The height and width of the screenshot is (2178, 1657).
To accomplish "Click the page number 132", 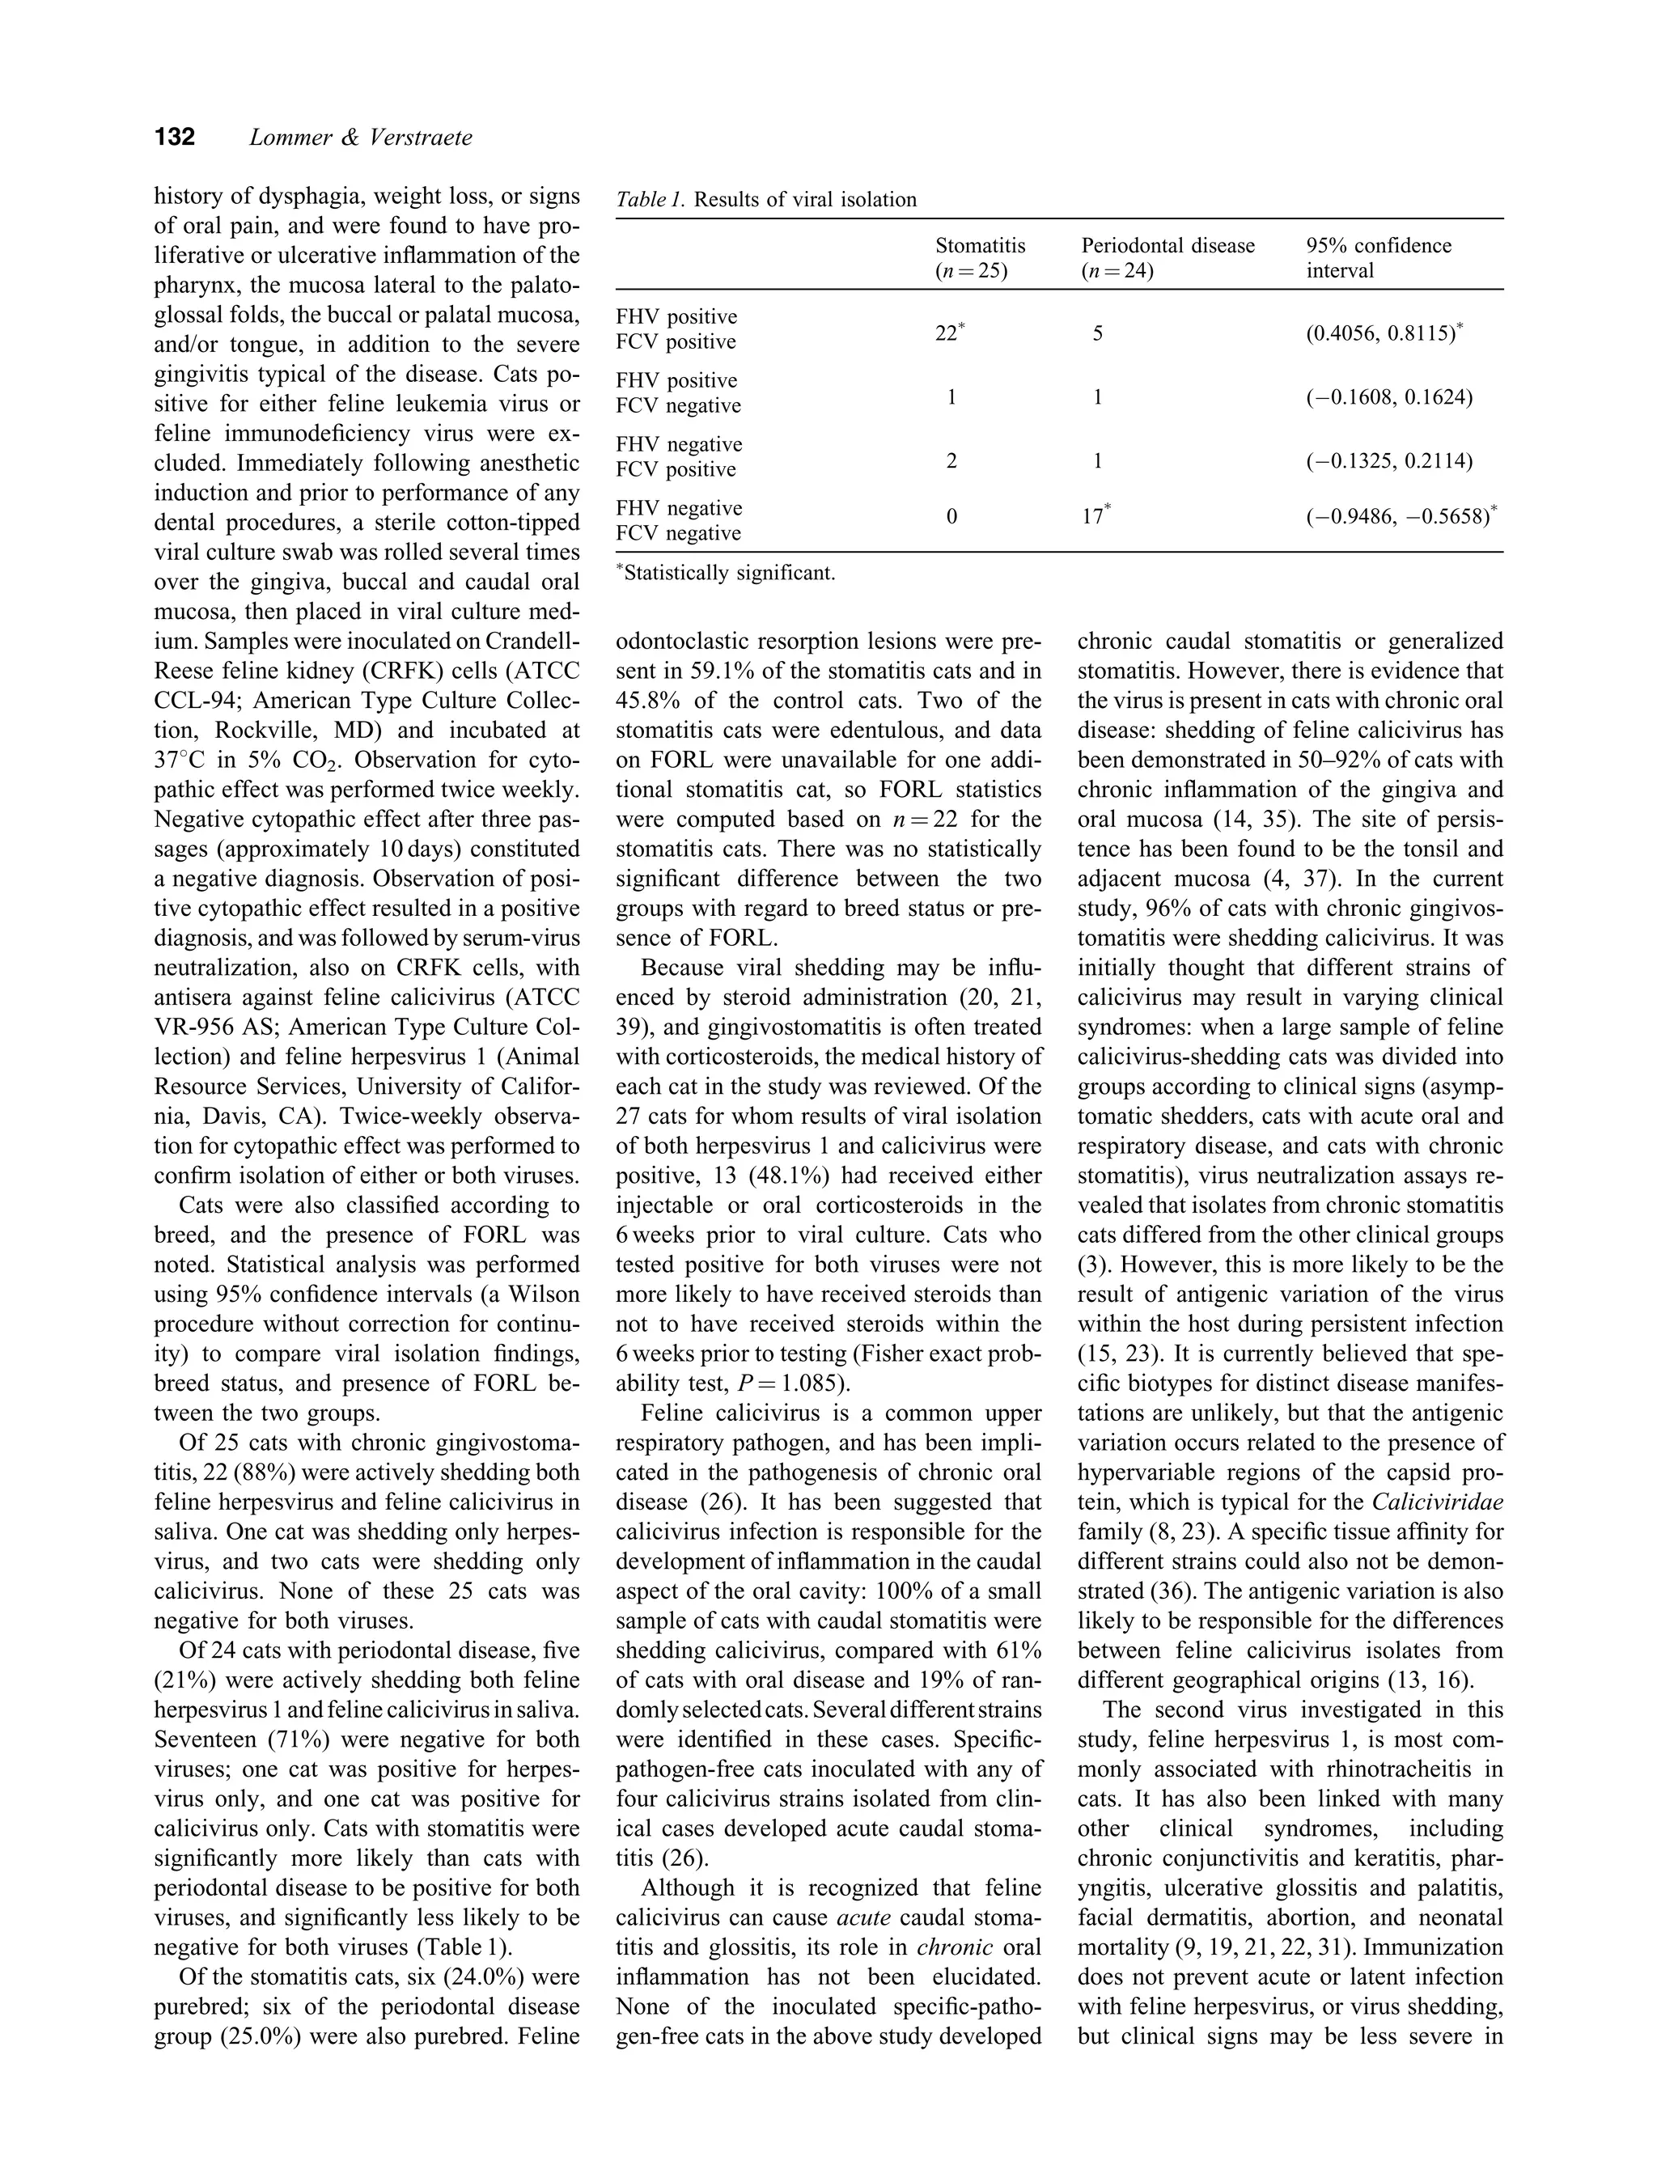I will [175, 137].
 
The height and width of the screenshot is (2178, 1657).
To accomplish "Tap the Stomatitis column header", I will [980, 257].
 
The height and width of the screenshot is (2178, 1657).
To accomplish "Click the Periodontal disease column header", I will [1168, 257].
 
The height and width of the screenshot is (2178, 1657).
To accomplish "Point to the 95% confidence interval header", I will [1378, 257].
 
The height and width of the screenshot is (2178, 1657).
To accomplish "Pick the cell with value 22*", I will [950, 333].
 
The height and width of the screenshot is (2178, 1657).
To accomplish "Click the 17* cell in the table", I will [1095, 515].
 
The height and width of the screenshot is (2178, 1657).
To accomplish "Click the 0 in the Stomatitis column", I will [951, 515].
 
